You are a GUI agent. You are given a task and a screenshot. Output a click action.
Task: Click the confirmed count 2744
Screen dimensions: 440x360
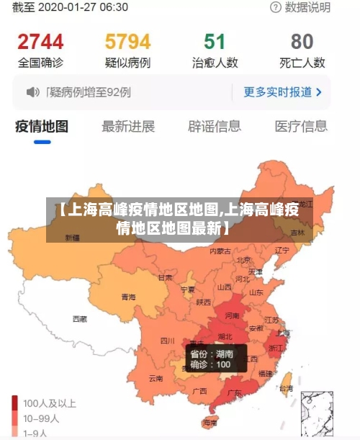click(40, 41)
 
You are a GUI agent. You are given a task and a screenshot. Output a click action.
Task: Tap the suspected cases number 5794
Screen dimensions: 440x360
click(127, 41)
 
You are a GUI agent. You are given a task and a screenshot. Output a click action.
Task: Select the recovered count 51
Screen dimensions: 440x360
click(215, 41)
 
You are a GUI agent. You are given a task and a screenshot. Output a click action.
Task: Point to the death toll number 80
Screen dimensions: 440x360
click(302, 41)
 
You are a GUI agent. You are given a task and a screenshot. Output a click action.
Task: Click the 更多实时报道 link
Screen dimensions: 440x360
click(282, 92)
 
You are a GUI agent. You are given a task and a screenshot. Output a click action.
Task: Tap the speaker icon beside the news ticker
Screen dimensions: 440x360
click(33, 92)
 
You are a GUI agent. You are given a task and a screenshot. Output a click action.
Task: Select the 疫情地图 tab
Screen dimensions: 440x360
click(42, 127)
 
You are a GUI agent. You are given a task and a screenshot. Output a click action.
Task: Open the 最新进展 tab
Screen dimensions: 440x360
click(128, 127)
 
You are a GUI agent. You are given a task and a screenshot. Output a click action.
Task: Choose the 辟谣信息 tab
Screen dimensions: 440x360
click(215, 127)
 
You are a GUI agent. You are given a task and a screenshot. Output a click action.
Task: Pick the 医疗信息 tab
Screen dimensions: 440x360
click(301, 127)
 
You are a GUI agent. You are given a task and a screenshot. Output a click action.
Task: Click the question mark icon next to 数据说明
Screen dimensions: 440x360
click(276, 7)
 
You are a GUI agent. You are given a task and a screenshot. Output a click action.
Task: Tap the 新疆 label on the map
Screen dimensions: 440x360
click(72, 237)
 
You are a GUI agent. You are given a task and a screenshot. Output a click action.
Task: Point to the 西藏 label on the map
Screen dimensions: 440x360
click(79, 318)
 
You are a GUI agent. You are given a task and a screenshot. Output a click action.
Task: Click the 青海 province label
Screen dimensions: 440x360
click(128, 297)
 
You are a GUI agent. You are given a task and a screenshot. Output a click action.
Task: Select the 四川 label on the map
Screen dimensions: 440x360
click(167, 340)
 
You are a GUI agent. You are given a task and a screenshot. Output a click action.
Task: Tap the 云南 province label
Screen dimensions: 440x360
click(156, 377)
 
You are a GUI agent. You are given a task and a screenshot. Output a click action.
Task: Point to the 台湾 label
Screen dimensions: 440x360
click(286, 388)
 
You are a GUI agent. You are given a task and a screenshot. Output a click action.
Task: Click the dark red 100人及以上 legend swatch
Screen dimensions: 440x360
click(15, 403)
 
